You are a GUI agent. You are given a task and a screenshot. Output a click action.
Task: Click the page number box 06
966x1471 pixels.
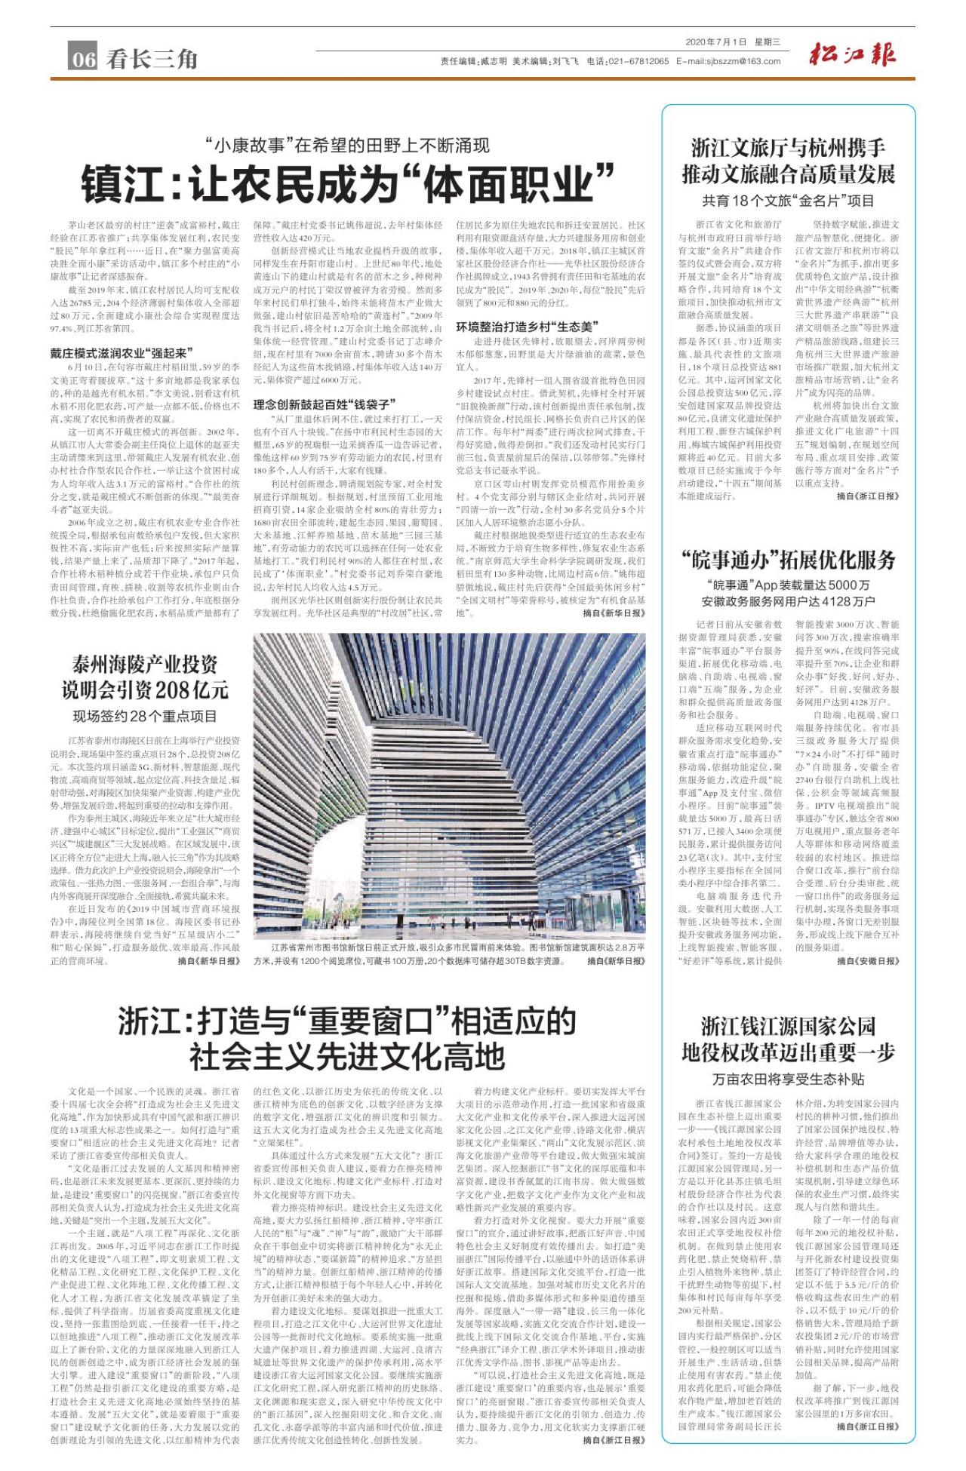click(83, 59)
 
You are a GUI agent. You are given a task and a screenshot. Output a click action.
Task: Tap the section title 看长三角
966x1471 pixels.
click(152, 59)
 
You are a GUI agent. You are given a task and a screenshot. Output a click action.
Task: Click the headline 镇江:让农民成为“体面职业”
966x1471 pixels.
click(346, 183)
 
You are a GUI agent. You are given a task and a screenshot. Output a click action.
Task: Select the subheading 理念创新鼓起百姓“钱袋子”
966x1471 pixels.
click(325, 404)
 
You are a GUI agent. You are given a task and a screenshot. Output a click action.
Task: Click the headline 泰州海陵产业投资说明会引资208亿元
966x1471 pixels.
click(145, 677)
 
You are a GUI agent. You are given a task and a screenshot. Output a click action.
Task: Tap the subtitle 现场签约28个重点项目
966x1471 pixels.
click(145, 716)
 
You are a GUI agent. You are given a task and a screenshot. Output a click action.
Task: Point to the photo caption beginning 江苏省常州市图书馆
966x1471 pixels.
click(449, 954)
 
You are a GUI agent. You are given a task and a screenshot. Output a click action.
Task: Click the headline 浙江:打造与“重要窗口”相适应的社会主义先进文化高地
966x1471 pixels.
click(346, 1039)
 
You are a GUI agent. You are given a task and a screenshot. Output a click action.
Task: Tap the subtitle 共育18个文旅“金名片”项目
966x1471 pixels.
click(789, 201)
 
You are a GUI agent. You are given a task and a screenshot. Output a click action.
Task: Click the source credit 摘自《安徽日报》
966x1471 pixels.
click(868, 960)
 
